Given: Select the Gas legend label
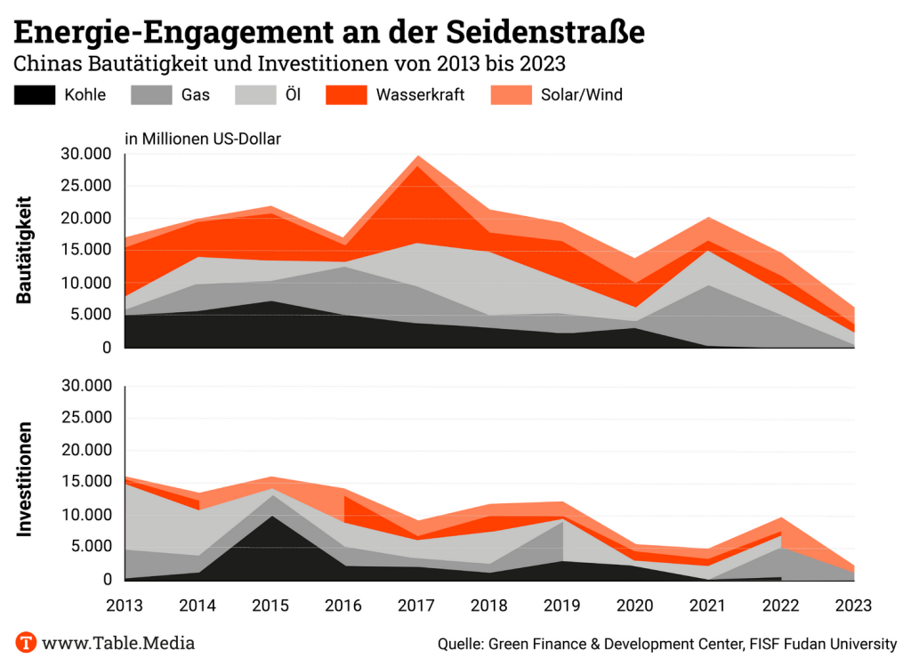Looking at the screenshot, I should click(196, 95).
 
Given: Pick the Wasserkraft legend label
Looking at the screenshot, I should click(420, 95).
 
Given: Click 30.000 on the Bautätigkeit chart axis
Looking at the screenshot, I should click(85, 155).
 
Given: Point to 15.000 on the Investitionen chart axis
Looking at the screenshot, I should click(85, 483).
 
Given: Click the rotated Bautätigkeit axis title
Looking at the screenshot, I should click(25, 250).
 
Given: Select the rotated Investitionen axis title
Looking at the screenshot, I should click(25, 478).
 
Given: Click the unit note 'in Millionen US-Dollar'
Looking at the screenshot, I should click(203, 138).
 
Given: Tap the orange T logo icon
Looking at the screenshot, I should click(27, 642).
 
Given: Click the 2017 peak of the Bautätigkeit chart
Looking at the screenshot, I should click(417, 157).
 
